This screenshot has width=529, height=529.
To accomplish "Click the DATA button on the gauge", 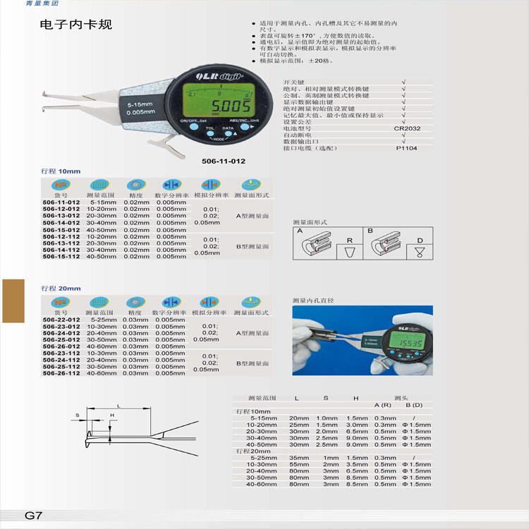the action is click(x=228, y=129).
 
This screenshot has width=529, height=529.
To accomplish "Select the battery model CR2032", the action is click(x=407, y=128).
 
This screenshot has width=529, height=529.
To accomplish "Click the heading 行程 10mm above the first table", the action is click(x=61, y=171).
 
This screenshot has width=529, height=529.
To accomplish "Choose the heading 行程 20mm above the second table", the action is click(x=61, y=288).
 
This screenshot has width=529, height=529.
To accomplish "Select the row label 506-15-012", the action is click(x=61, y=230).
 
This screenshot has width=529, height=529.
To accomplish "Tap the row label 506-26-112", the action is click(x=61, y=373).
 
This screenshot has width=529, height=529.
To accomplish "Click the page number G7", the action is click(x=35, y=515).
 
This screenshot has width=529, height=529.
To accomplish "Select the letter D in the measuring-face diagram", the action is click(x=420, y=241).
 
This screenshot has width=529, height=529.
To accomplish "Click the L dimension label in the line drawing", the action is click(x=118, y=406).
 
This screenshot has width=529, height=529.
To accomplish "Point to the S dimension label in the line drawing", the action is click(x=78, y=416).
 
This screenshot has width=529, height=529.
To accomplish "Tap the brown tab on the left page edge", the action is click(x=13, y=302).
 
